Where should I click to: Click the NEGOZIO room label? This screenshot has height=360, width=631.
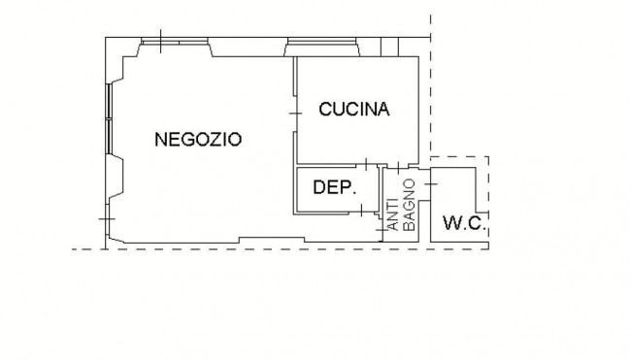(x=198, y=139)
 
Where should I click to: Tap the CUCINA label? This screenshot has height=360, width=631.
(x=354, y=110)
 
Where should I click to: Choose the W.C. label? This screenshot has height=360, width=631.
(x=463, y=222)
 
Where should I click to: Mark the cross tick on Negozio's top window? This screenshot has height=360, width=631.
(x=160, y=42)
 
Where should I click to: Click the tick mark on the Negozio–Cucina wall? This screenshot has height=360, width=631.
(x=296, y=115)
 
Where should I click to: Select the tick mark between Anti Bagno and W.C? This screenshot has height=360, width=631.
(x=426, y=180)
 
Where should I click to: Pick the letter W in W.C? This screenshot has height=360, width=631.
(x=451, y=222)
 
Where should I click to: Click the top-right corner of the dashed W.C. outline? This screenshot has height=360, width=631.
(x=488, y=155)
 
